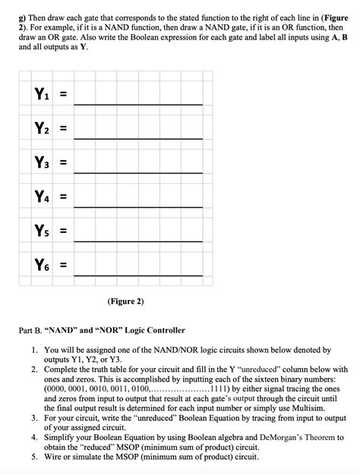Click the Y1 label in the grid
41,95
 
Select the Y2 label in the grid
41,129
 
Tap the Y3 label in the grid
41,163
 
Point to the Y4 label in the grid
41,197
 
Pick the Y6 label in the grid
41,265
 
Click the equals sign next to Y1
64,96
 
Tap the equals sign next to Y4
64,198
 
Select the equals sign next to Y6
64,266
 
